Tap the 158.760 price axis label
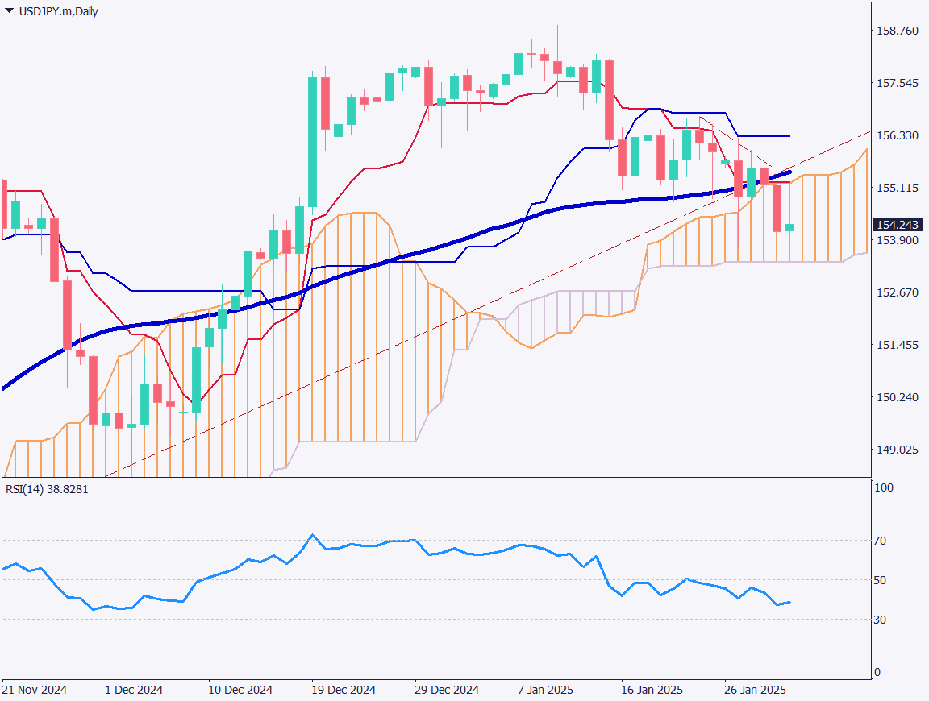897,31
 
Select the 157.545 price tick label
897,84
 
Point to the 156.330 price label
897,136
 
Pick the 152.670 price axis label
897,292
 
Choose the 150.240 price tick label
897,397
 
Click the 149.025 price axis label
897,450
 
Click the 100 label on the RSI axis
885,488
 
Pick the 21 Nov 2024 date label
34,691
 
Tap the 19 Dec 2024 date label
344,691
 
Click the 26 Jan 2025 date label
755,691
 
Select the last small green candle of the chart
789,228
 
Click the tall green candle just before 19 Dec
312,142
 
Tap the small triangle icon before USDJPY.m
9,11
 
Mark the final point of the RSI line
789,602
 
